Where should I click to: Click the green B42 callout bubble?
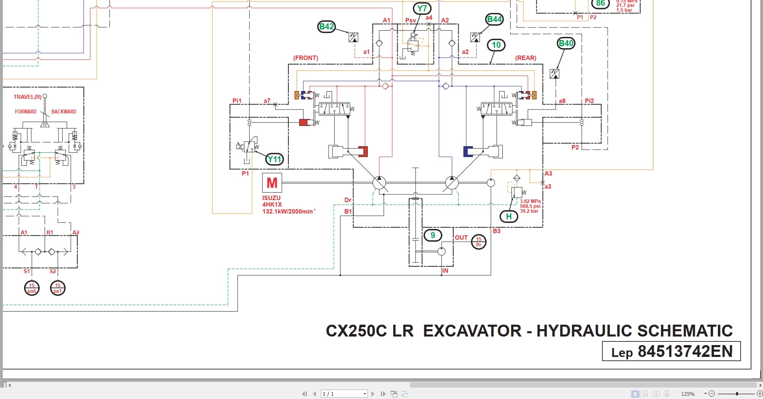click(x=326, y=27)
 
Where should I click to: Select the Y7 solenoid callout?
click(x=422, y=9)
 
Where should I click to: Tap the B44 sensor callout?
click(x=494, y=19)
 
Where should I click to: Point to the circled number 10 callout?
click(x=496, y=45)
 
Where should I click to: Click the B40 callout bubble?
click(x=566, y=43)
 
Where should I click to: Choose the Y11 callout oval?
click(x=274, y=159)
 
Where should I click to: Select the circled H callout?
click(x=509, y=216)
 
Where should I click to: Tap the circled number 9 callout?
click(x=432, y=235)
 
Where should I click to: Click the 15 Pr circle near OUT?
click(x=479, y=242)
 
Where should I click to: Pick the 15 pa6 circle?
click(x=32, y=288)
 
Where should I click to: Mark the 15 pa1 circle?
click(x=58, y=288)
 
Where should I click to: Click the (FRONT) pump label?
click(x=306, y=58)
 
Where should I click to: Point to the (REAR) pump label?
click(x=526, y=58)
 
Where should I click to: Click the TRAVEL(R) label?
click(x=27, y=97)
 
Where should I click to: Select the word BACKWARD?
click(x=63, y=111)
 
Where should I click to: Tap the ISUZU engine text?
click(x=271, y=198)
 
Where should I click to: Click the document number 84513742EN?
click(x=685, y=351)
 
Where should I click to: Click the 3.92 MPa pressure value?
click(x=530, y=201)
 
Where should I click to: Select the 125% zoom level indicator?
click(x=688, y=394)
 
